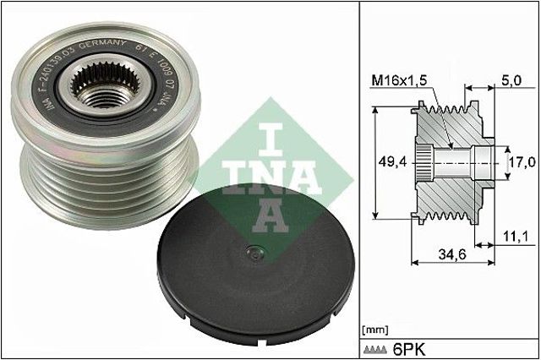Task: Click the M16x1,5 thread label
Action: [400, 79]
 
